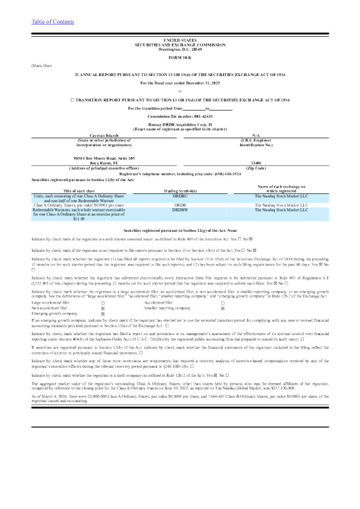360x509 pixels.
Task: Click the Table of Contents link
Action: point(53,22)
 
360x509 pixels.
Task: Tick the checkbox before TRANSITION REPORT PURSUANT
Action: point(72,98)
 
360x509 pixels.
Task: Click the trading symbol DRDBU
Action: point(179,179)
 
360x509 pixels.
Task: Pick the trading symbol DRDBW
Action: point(179,193)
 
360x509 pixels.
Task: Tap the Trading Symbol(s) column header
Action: point(179,174)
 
